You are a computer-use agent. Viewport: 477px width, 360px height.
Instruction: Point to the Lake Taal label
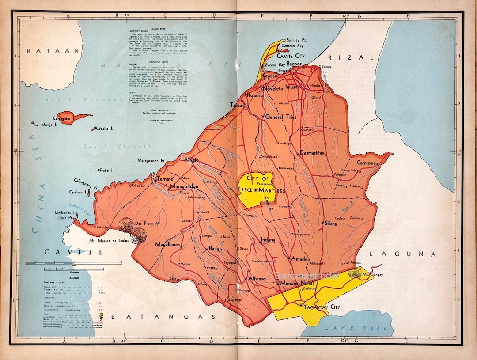tap(356, 328)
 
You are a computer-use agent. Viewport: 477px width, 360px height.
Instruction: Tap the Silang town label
tap(331, 224)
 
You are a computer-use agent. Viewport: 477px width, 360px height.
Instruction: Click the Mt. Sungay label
tap(373, 275)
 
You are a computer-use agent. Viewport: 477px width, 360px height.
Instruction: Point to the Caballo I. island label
tap(105, 128)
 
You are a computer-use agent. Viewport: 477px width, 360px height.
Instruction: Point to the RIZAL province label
tap(351, 57)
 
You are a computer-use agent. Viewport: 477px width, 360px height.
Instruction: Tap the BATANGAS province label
tap(163, 317)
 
